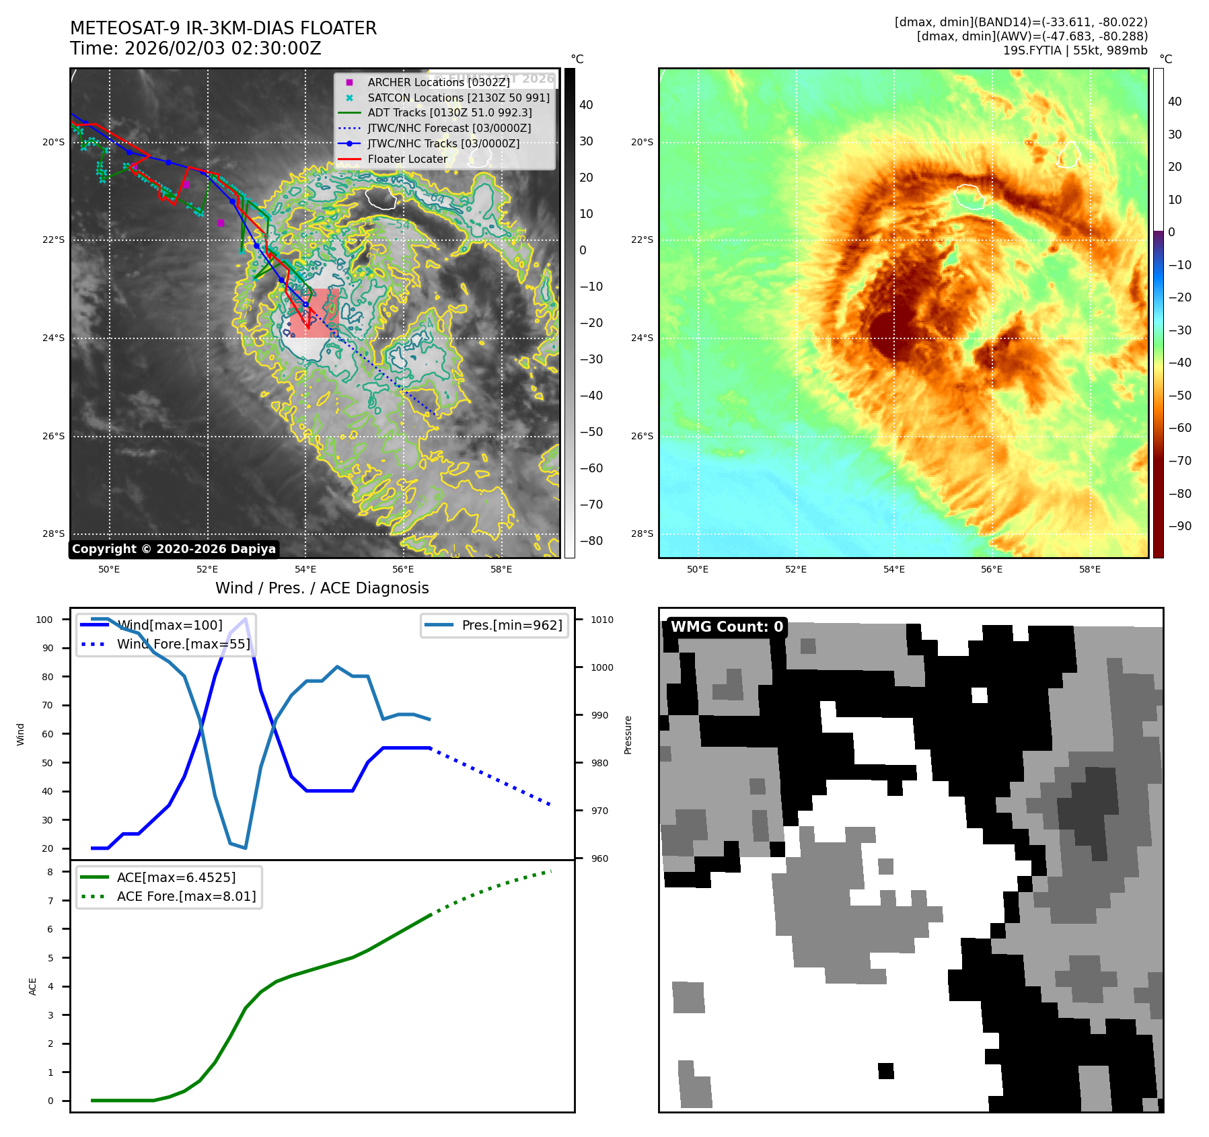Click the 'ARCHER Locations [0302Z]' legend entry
click(x=439, y=82)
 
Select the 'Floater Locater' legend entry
click(x=407, y=159)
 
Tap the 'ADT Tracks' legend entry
click(x=449, y=112)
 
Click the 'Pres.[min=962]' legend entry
click(x=511, y=625)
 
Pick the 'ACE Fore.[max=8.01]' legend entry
click(x=186, y=896)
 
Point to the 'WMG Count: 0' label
click(x=727, y=627)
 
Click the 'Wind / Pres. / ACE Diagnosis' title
click(x=322, y=588)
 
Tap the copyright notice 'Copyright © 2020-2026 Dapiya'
click(x=174, y=549)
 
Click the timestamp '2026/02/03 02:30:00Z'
click(x=223, y=48)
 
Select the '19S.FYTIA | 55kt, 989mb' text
click(x=1074, y=50)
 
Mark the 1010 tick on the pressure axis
click(x=602, y=620)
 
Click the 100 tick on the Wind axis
click(x=44, y=620)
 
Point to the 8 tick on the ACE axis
click(x=50, y=872)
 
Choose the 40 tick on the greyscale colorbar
click(x=586, y=105)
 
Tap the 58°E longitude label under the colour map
click(x=1090, y=569)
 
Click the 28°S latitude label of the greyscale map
click(x=54, y=534)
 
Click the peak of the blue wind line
click(x=246, y=618)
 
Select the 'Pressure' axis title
click(x=628, y=735)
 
